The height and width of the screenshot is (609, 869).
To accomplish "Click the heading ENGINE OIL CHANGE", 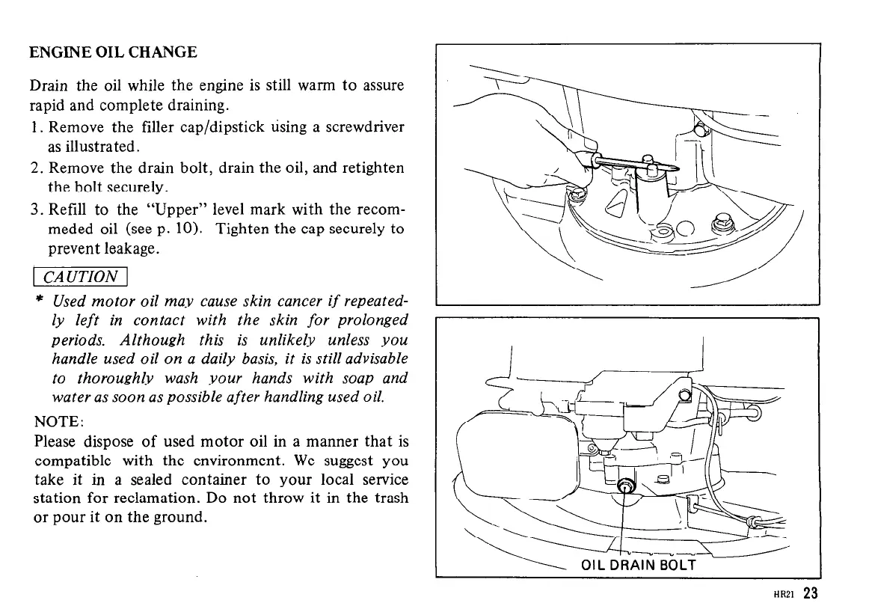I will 113,52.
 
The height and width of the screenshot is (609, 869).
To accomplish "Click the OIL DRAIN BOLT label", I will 638,565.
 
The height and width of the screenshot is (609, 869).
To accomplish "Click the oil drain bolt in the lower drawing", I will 625,489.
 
